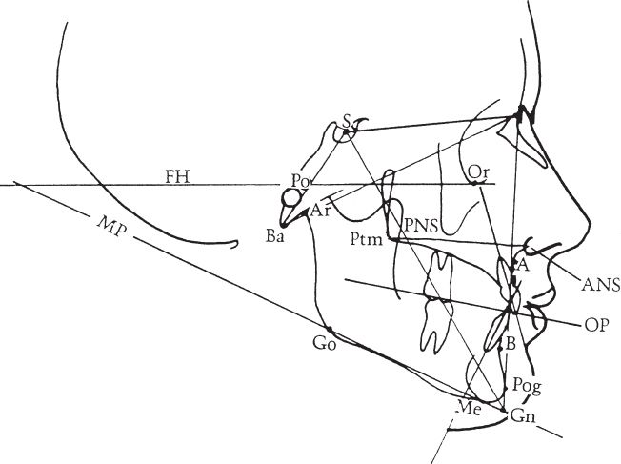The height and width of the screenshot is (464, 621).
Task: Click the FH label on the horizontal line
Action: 174,175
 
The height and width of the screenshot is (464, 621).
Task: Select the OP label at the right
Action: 596,324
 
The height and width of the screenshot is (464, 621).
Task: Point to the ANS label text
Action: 602,283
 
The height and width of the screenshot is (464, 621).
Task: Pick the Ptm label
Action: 366,239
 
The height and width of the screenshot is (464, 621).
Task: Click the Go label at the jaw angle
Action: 324,345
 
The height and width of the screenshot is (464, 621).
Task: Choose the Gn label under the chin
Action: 521,416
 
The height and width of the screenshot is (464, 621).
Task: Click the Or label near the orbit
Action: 479,171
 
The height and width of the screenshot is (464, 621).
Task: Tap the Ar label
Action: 321,211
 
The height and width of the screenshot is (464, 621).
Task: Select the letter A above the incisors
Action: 521,266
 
